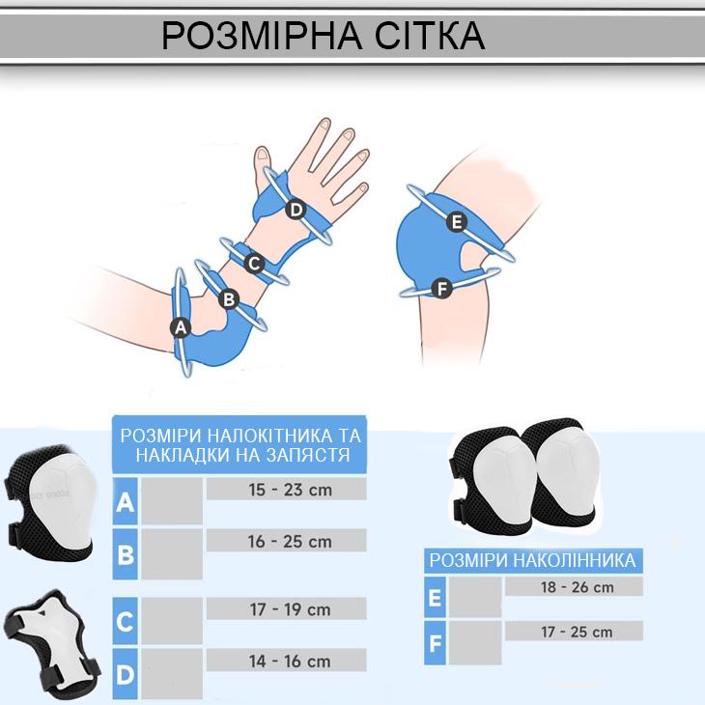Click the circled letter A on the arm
pos(181,327)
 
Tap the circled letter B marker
pos(229,298)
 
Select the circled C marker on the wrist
pos(254,263)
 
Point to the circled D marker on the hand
pos(296,210)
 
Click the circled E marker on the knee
pos(457,222)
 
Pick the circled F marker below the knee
pos(441,288)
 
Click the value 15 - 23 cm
pos(290,490)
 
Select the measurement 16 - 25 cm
pos(290,542)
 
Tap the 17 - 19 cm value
pos(290,609)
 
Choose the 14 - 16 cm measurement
pos(290,661)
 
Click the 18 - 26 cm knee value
pos(577,587)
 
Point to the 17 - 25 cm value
pos(577,632)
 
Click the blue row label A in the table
pos(125,502)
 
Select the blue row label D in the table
pos(125,674)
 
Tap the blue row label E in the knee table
pos(435,598)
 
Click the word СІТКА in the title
pos(430,36)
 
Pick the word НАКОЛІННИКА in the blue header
pos(575,560)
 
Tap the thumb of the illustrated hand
pos(263,167)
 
